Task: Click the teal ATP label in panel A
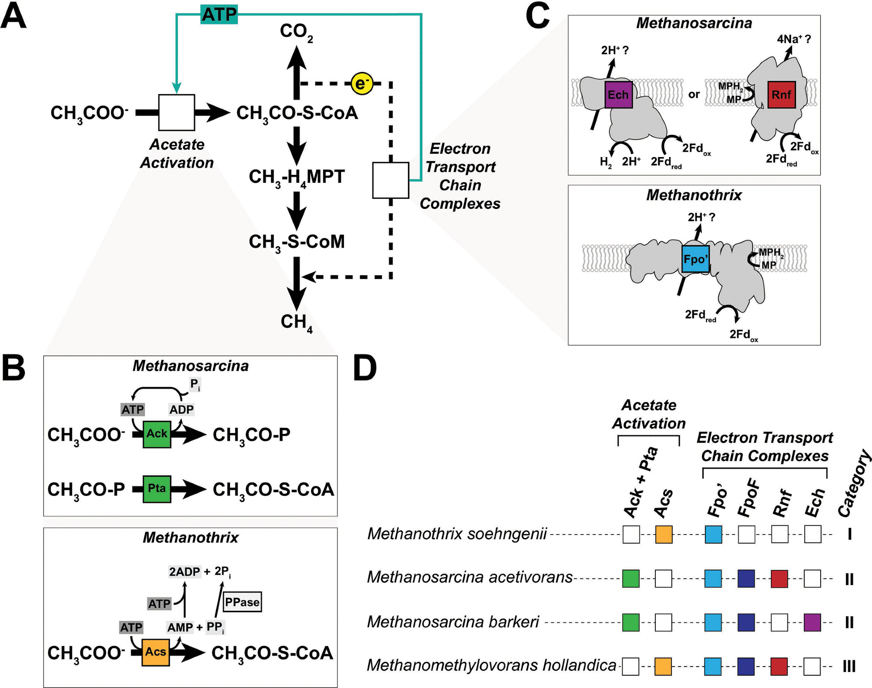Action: pos(219,14)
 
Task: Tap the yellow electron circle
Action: pos(362,83)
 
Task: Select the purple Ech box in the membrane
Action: pos(618,95)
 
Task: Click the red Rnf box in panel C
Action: pos(781,95)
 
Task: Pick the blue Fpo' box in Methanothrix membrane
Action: pos(695,259)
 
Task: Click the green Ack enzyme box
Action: pos(157,434)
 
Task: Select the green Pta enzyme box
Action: pos(157,489)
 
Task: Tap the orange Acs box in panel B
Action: pos(156,652)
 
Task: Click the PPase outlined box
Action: pos(242,602)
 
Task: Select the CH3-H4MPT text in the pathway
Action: pos(296,177)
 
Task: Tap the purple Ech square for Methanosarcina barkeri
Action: pos(812,623)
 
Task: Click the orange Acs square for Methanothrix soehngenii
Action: pos(664,535)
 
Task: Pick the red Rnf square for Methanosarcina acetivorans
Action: pos(779,579)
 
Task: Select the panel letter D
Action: pos(365,369)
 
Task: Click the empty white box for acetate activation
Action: pos(177,112)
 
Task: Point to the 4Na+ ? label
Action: pos(794,39)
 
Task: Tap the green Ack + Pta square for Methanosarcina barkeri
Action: pos(630,623)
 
